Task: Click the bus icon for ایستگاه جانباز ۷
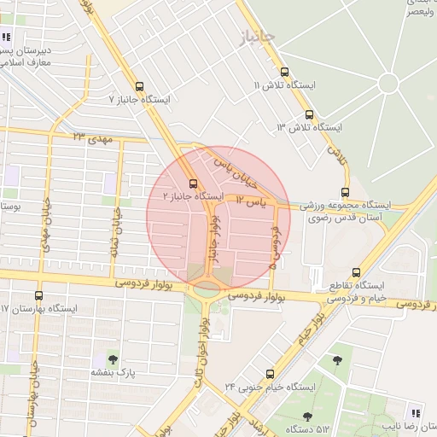(140, 85)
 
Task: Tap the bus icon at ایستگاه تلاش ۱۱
(285, 73)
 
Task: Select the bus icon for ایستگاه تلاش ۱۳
(309, 114)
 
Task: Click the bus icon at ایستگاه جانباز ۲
(193, 183)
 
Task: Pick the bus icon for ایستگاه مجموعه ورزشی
(345, 192)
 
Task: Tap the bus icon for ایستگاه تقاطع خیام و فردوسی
(356, 272)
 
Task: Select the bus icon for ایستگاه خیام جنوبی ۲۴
(271, 373)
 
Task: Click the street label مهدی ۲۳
(92, 137)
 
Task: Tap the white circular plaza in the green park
(388, 83)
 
